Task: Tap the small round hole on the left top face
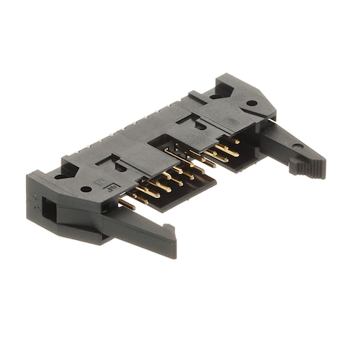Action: coord(86,189)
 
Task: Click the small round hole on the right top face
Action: coord(251,103)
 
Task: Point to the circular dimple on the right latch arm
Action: coord(298,145)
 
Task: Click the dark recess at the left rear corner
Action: coord(64,172)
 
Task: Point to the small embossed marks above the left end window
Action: coord(34,199)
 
